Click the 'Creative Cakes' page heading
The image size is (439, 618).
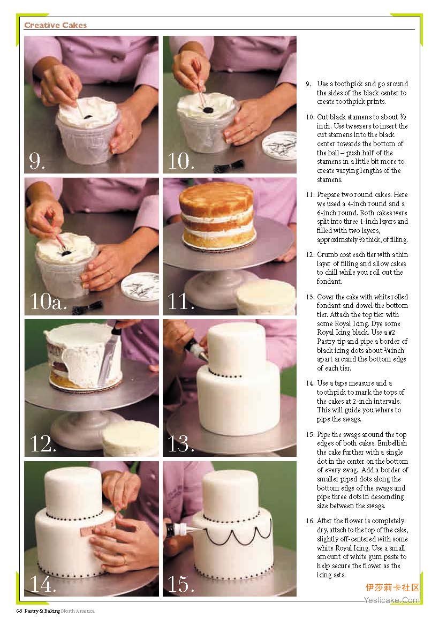(55, 25)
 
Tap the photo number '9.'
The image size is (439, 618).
(37, 161)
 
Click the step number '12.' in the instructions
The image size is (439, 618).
(310, 254)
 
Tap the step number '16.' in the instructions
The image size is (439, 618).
(310, 521)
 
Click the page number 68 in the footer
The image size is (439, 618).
(19, 611)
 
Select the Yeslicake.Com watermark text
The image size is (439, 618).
(392, 600)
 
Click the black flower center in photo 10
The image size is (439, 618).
(207, 110)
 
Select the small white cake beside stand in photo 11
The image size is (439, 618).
(266, 296)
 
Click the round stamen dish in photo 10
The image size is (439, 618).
(280, 145)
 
